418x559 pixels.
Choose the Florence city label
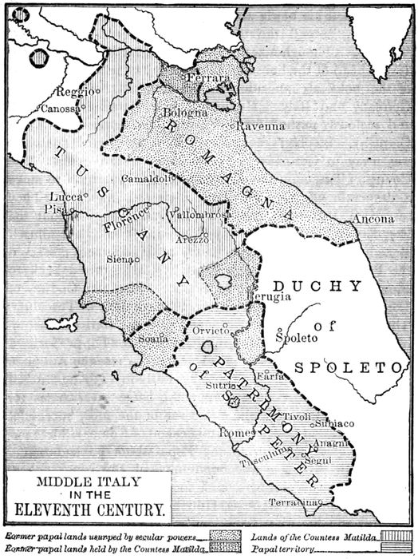pos(125,219)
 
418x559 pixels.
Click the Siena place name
pos(120,259)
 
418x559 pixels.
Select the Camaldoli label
pos(144,179)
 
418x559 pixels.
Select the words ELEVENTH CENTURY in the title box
pos(87,506)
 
